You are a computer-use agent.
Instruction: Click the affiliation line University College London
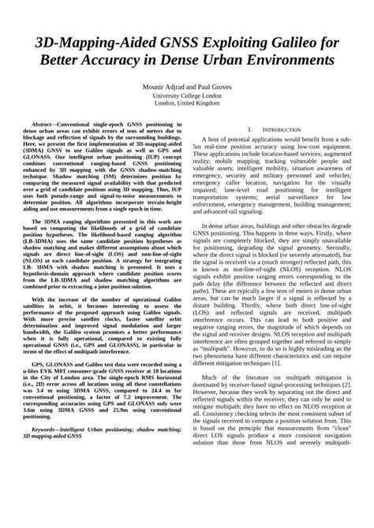(187, 95)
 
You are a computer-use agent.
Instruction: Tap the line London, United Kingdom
(187, 102)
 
